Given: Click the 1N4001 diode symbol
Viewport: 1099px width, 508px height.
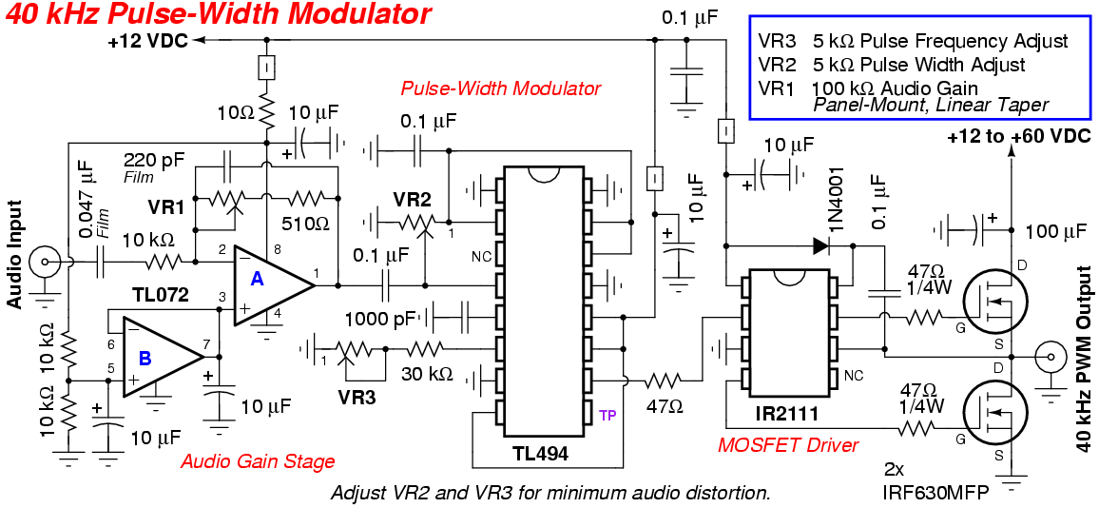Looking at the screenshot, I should (821, 245).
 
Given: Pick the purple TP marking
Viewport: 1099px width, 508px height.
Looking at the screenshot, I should (607, 416).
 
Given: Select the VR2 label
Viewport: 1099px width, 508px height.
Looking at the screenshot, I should (413, 200).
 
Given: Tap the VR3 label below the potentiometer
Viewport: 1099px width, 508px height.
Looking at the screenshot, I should (357, 398).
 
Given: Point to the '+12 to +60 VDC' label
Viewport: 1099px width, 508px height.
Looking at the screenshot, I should (1017, 137).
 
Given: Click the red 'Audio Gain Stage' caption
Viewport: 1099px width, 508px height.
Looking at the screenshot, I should (258, 461).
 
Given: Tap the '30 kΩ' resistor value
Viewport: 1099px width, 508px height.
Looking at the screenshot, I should (426, 374).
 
